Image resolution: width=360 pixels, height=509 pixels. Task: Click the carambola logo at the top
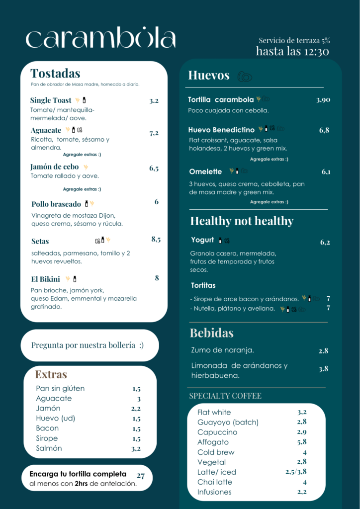pyautogui.click(x=100, y=39)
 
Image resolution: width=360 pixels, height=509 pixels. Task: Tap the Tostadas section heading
pyautogui.click(x=55, y=74)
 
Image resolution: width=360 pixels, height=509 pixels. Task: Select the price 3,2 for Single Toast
pyautogui.click(x=154, y=101)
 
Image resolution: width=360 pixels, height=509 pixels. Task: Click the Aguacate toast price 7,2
pyautogui.click(x=154, y=133)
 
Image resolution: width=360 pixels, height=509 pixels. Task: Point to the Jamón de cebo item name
pyautogui.click(x=55, y=167)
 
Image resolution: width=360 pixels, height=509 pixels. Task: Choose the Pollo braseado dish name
pyautogui.click(x=56, y=204)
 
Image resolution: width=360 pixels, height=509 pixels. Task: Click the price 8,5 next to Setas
pyautogui.click(x=156, y=240)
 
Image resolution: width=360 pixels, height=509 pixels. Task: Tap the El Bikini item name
pyautogui.click(x=45, y=279)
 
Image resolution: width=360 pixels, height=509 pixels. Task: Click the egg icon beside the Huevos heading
pyautogui.click(x=245, y=77)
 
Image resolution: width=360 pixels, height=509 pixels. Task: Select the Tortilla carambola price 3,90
pyautogui.click(x=323, y=100)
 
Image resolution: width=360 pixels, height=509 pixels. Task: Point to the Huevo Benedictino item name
pyautogui.click(x=221, y=130)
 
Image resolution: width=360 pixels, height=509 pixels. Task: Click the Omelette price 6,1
pyautogui.click(x=326, y=172)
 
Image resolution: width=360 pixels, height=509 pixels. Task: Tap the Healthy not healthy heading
pyautogui.click(x=242, y=221)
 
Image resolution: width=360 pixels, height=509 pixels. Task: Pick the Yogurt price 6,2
pyautogui.click(x=325, y=243)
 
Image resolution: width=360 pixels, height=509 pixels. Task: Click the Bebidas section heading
pyautogui.click(x=212, y=333)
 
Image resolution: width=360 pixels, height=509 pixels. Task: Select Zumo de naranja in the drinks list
pyautogui.click(x=223, y=350)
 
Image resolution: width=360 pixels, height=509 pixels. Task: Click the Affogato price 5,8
pyautogui.click(x=302, y=442)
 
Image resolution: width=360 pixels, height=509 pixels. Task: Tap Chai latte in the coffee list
pyautogui.click(x=215, y=482)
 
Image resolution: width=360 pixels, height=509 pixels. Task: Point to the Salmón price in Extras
pyautogui.click(x=136, y=449)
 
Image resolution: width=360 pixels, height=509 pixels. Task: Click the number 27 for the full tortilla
pyautogui.click(x=141, y=476)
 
